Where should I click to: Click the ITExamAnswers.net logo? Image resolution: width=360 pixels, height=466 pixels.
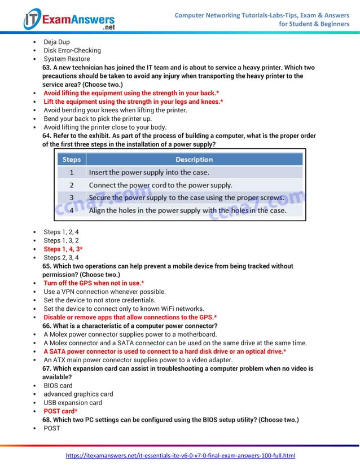[69, 19]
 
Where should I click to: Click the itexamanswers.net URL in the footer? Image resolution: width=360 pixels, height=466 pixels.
[181, 455]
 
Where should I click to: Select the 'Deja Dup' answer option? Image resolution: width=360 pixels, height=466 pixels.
[56, 42]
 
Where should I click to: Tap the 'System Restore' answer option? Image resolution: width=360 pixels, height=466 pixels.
[67, 59]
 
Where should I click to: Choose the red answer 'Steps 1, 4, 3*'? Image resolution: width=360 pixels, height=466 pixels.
[63, 249]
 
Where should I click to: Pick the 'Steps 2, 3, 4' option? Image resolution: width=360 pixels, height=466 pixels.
[61, 257]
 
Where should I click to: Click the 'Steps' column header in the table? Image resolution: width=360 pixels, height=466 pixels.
[71, 160]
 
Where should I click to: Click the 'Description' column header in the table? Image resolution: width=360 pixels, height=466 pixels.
[194, 160]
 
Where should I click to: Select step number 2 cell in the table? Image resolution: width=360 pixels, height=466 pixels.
[71, 185]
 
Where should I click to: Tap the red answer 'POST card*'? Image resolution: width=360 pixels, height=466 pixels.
[60, 411]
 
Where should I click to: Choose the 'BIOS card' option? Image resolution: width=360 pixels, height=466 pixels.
[58, 386]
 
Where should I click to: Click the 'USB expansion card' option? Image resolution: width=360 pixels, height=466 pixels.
[73, 403]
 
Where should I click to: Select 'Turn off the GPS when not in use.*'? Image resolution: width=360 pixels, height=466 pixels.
[94, 283]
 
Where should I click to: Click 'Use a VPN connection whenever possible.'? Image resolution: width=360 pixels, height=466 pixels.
[104, 292]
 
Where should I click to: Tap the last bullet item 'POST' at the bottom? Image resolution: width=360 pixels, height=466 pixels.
[51, 428]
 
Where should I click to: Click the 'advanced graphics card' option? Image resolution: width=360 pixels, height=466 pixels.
[78, 394]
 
